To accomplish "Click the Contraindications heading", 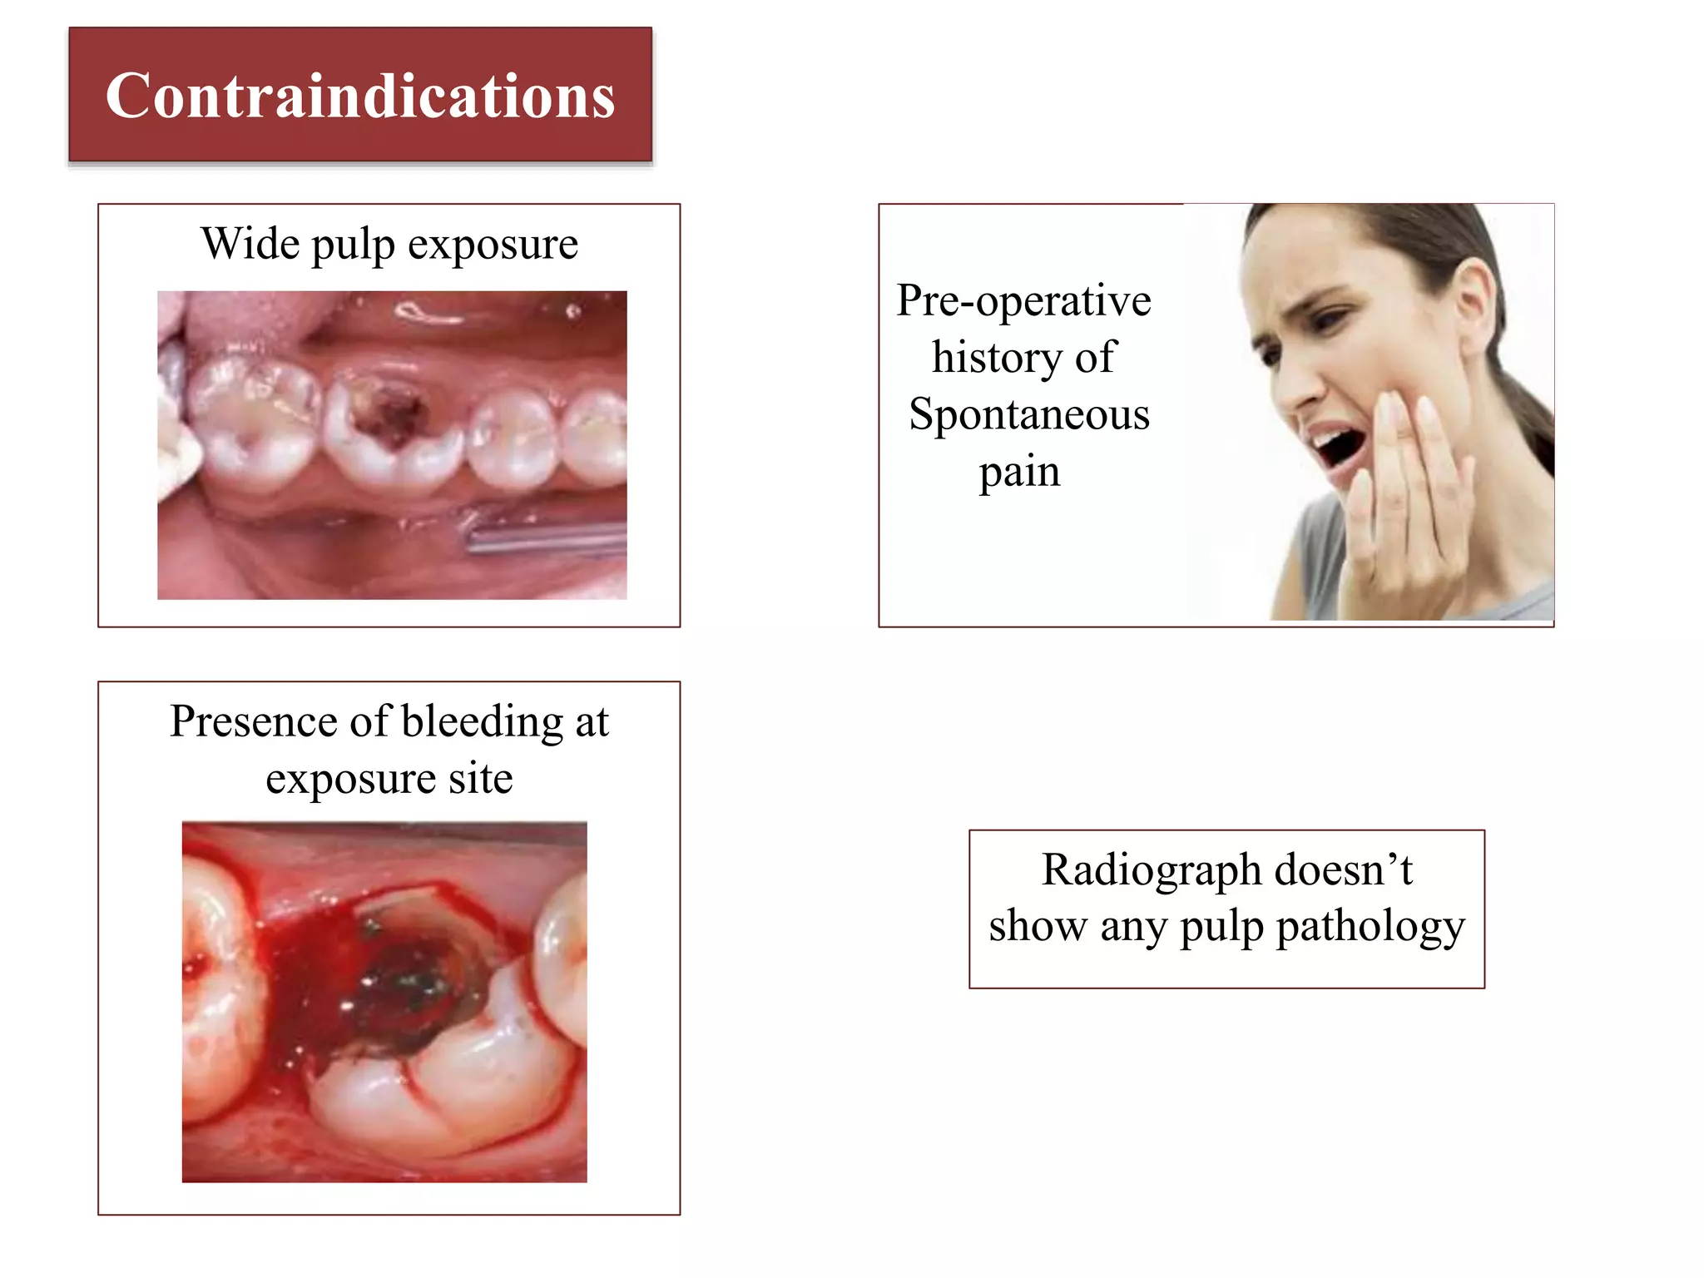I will (x=360, y=95).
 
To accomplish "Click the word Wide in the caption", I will (x=250, y=244).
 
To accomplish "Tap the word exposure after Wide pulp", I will (x=493, y=244).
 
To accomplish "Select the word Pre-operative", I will (x=1023, y=300).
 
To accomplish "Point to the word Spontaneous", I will (x=1029, y=414).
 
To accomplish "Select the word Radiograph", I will (x=1152, y=869).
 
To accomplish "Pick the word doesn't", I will (x=1343, y=869).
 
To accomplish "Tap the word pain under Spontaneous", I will (x=1019, y=471).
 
